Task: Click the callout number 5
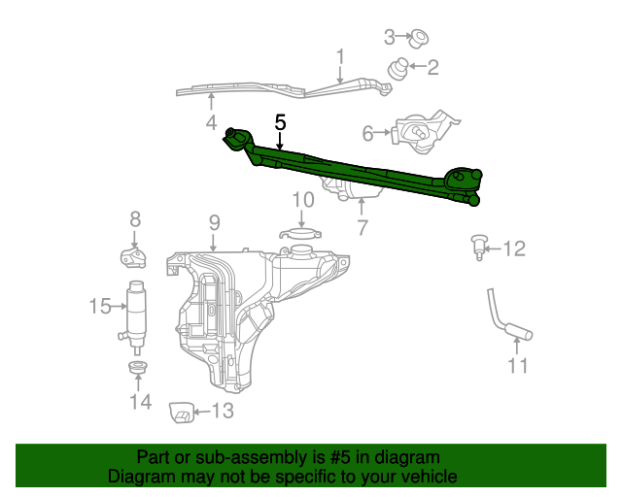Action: tap(280, 122)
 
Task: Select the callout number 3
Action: tap(390, 38)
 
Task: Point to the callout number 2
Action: tap(432, 68)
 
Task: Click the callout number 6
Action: tap(368, 133)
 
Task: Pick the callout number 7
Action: tap(362, 228)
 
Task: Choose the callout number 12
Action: tap(513, 249)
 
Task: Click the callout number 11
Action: tap(517, 366)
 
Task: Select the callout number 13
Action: tap(223, 412)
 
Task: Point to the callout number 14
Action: tap(140, 401)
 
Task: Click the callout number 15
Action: tap(101, 307)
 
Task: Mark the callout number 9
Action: tap(214, 222)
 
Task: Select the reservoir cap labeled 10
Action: tap(301, 233)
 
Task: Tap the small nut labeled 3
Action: tap(420, 39)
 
